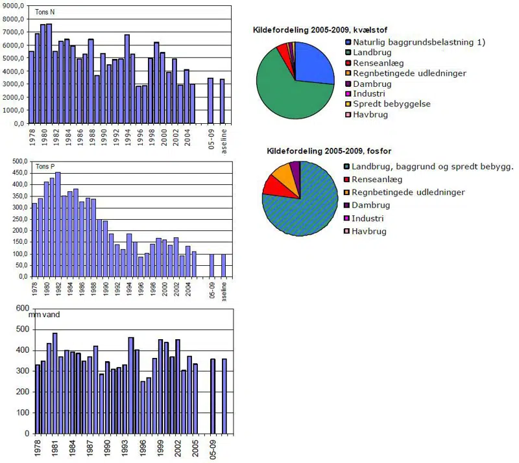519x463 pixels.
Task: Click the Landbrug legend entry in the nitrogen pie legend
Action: [372, 53]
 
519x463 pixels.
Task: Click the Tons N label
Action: [43, 12]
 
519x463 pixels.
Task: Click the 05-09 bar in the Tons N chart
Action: [210, 101]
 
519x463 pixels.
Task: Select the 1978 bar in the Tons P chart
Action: [34, 240]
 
